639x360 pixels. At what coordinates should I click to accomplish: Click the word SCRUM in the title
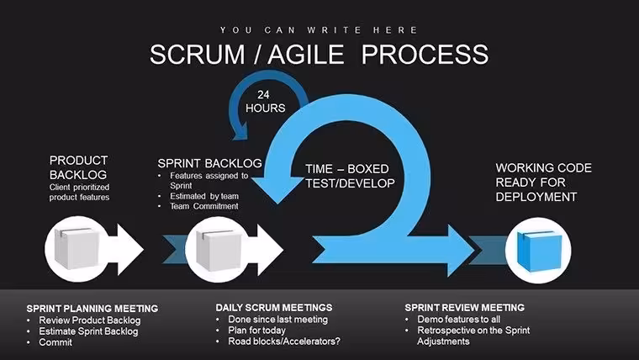[198, 54]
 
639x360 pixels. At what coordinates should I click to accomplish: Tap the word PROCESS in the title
[425, 54]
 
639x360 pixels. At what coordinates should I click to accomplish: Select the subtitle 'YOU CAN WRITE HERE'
[319, 30]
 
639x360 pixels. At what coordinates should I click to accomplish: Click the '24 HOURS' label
[265, 102]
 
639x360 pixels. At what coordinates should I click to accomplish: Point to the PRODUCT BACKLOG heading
[78, 167]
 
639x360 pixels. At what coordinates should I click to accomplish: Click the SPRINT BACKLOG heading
[209, 163]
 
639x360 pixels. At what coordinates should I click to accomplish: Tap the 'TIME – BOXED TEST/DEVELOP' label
[350, 176]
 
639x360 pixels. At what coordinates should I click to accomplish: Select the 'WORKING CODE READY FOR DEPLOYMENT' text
[544, 183]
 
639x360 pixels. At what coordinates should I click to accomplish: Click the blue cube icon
[539, 251]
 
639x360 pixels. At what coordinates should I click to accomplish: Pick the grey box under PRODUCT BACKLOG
[77, 249]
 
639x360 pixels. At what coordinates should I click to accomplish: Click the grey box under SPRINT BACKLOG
[218, 250]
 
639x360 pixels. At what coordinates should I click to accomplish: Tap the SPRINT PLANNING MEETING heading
[92, 308]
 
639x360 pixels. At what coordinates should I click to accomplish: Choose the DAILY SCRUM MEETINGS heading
[274, 307]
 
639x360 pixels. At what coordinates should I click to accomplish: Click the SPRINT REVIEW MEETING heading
[465, 307]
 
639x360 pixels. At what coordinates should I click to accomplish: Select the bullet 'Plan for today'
[256, 331]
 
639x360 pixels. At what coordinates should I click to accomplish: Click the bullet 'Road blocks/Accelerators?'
[284, 341]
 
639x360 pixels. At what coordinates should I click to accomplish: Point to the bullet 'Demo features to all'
[458, 320]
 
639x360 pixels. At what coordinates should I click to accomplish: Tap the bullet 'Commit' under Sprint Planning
[55, 342]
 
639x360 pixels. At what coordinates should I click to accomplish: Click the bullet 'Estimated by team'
[204, 196]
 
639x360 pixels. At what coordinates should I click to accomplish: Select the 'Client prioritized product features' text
[80, 192]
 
